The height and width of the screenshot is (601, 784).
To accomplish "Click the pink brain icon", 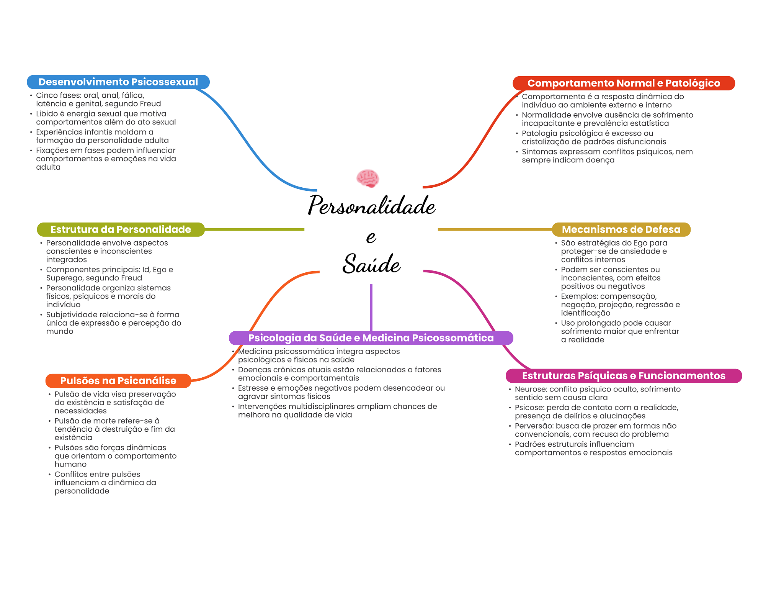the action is coord(367,178).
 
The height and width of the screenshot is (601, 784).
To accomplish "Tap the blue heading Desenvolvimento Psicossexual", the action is coord(118,82).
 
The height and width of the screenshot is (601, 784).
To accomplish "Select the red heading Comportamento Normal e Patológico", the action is coord(624,83).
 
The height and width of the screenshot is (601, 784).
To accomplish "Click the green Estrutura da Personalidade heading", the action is coord(121,229).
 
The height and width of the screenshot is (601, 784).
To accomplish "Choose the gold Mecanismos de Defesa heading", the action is coord(621,229).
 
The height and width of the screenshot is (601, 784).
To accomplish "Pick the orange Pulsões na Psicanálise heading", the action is coord(118,381).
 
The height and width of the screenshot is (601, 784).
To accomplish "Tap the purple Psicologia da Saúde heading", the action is coord(371,338).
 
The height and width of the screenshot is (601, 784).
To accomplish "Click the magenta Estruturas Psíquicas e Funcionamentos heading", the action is coord(624,376).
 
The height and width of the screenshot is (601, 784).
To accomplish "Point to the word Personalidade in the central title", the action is coord(372,206).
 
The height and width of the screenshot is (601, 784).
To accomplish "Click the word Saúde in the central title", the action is coord(371,264).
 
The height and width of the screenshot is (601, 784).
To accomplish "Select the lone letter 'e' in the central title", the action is coord(371,237).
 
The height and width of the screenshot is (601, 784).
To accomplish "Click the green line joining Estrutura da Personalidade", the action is coord(255,229).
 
